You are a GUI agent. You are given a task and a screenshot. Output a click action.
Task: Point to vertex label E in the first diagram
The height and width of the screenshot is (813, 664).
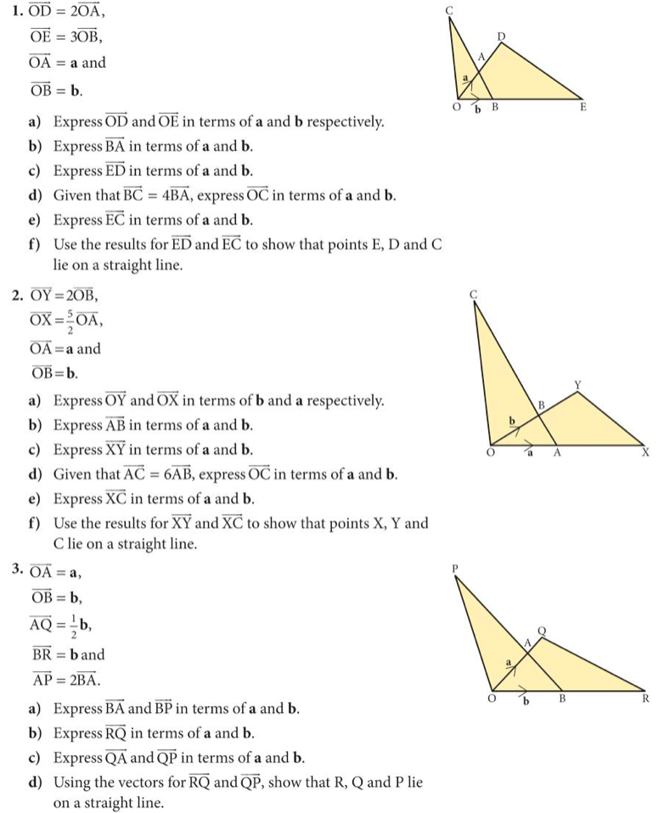coord(583,108)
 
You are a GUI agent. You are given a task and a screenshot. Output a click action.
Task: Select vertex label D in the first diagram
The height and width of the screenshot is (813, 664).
coord(501,36)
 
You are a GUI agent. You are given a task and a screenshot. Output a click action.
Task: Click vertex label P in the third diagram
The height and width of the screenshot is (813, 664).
coord(456,569)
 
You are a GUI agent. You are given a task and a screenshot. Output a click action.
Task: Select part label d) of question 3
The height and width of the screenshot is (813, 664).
coord(35,782)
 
